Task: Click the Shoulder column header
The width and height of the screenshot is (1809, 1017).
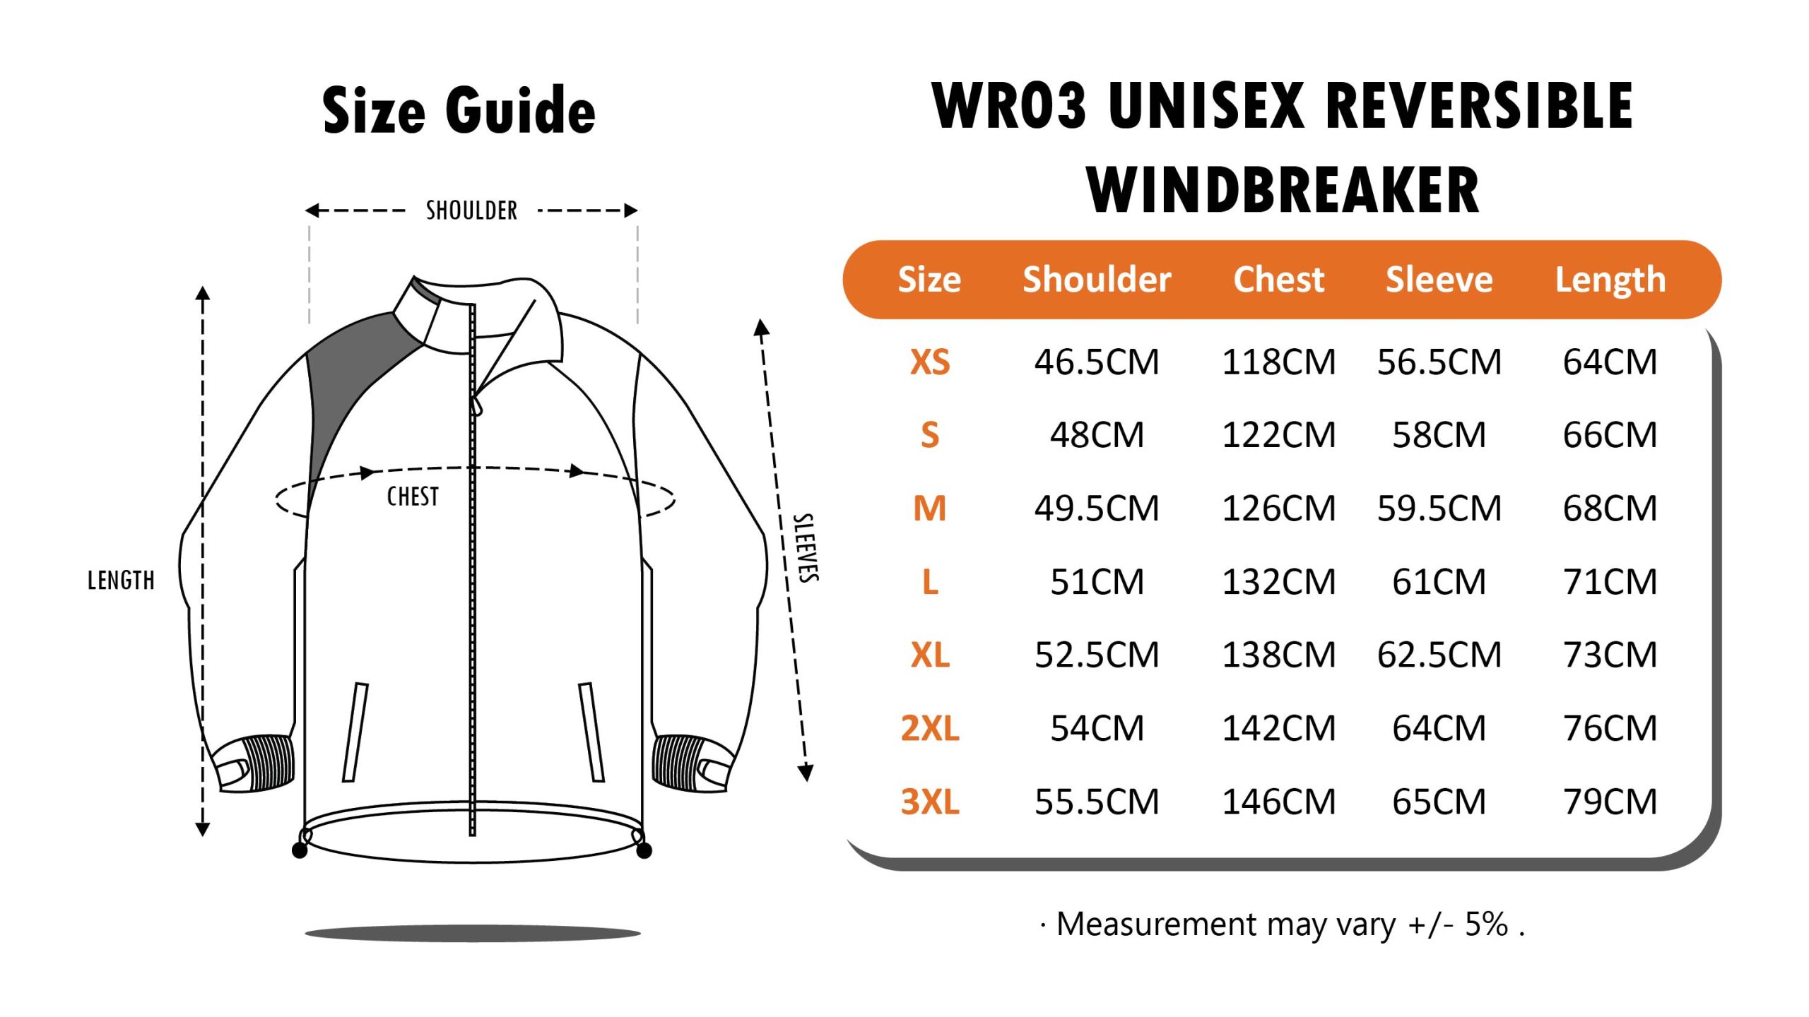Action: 1097,280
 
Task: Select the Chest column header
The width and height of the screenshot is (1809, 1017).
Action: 1278,280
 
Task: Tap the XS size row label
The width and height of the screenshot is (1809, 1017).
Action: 930,362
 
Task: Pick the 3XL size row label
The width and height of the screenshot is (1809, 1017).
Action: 930,802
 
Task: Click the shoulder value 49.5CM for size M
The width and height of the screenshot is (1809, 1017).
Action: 1097,509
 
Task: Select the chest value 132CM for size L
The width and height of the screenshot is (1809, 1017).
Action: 1279,582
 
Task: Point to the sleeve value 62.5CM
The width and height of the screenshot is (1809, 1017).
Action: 1439,655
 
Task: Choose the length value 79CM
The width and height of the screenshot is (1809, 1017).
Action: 1610,802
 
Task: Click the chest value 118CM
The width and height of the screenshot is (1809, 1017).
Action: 1279,362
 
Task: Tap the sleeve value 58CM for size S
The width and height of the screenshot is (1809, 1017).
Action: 1439,435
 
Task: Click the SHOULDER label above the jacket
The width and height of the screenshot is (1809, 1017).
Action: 471,210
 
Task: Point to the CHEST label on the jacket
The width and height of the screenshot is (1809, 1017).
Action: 413,496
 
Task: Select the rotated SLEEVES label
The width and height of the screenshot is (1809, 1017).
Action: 806,548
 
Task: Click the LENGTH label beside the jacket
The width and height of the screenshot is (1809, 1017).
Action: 121,581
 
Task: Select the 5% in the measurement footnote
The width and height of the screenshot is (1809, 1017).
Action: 1486,924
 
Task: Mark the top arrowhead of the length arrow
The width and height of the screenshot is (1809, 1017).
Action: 203,293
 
